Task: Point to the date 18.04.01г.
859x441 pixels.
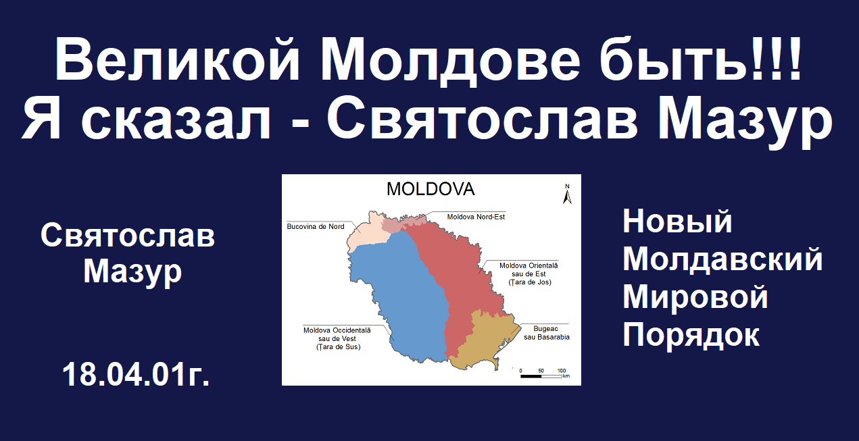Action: pos(136,374)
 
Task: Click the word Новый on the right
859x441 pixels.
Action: pos(677,221)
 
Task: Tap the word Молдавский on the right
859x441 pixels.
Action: pos(722,259)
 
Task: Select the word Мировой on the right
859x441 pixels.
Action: pos(695,297)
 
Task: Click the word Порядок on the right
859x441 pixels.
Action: pos(691,334)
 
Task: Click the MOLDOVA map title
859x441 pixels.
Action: pos(431,189)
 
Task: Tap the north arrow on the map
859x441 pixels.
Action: pos(567,194)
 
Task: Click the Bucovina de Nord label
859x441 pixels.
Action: pos(316,226)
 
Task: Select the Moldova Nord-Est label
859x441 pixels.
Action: pos(476,217)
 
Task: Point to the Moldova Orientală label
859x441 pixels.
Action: pos(529,274)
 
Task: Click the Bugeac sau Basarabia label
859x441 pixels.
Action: pos(547,333)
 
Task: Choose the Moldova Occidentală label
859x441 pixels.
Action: pos(337,339)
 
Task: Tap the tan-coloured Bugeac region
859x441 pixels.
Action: pos(483,341)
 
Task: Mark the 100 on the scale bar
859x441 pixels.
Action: pos(562,371)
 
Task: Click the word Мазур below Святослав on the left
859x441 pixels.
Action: pos(132,272)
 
